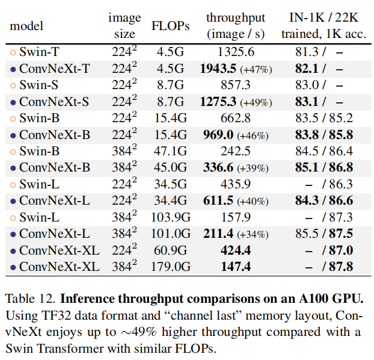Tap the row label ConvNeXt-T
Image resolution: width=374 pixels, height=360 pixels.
click(54, 69)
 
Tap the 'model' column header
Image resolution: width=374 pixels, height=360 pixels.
click(26, 26)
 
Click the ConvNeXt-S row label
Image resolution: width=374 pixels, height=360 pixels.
click(54, 102)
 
